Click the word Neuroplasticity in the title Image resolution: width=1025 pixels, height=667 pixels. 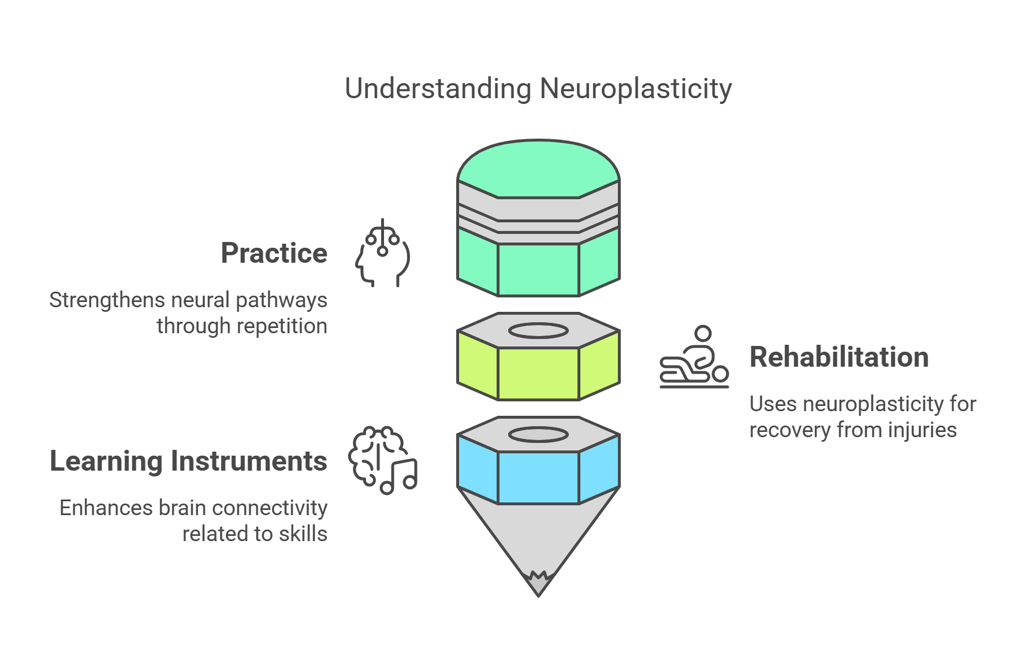635,89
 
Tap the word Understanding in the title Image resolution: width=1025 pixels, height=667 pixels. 438,89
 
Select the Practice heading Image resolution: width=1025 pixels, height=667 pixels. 274,253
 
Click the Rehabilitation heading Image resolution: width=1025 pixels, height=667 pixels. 838,357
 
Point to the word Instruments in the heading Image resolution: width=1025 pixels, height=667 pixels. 249,461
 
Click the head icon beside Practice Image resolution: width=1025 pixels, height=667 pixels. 382,254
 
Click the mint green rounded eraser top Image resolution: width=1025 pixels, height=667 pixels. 538,167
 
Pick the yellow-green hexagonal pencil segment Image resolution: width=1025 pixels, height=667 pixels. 538,373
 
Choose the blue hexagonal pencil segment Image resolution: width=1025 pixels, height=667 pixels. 538,477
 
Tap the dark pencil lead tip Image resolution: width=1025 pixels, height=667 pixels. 538,584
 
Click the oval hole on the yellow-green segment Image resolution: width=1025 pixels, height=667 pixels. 538,331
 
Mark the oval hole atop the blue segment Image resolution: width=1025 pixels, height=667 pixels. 538,434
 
